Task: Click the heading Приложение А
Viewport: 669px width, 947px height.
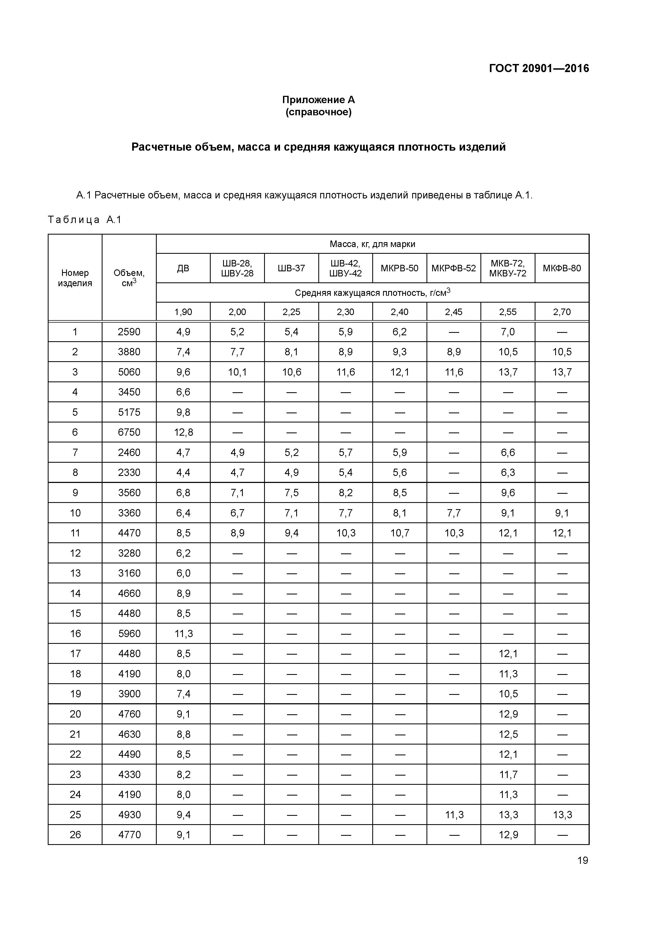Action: point(318,100)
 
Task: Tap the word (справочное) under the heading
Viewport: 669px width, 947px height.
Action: point(318,112)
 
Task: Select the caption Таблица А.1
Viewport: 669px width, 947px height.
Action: point(84,219)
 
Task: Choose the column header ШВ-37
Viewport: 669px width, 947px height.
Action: point(291,268)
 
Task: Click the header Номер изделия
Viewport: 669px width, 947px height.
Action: point(75,278)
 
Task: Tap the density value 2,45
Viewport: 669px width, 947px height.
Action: point(453,312)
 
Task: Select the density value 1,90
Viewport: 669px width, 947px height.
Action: point(183,312)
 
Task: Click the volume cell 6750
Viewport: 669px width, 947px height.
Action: point(129,432)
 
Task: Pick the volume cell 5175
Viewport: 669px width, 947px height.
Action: point(129,412)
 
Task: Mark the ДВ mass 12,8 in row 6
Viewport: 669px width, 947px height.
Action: point(183,432)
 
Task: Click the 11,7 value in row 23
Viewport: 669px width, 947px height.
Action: point(508,774)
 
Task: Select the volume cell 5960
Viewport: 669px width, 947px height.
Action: point(129,634)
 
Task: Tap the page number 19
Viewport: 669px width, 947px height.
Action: point(582,860)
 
